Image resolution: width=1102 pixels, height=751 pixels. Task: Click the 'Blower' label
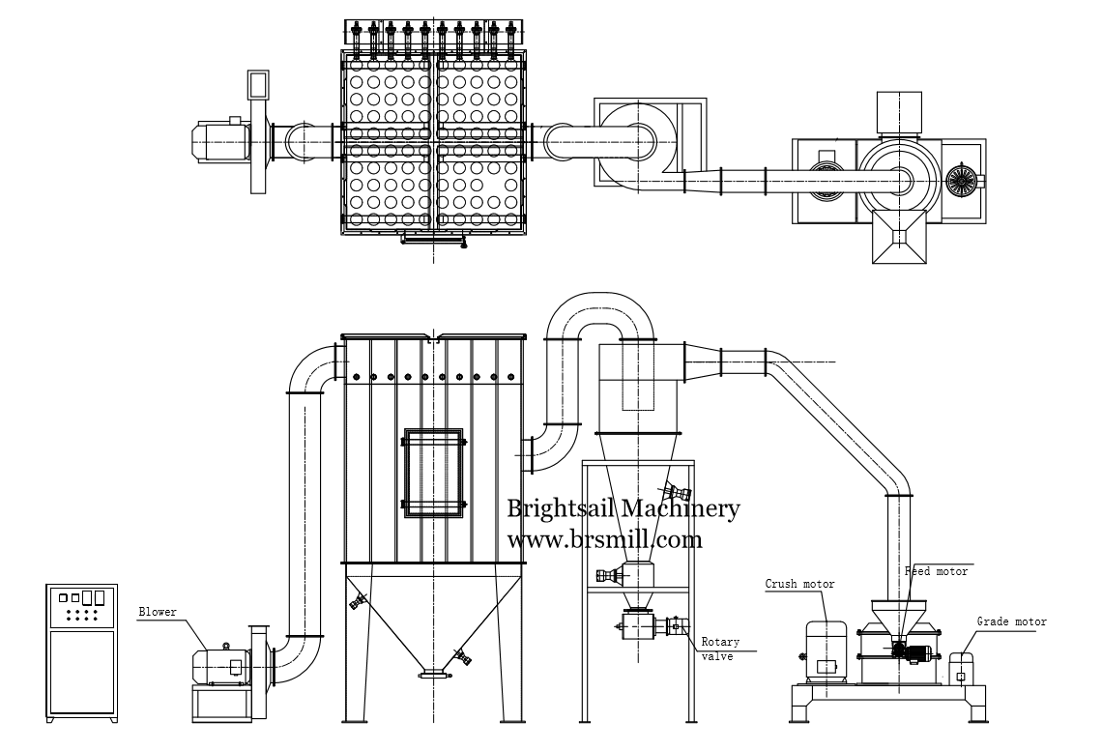point(158,612)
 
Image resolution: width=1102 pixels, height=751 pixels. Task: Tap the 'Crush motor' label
point(799,584)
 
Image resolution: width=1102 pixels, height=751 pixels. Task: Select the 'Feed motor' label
point(936,572)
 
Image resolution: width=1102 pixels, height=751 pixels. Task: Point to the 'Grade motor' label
point(1011,621)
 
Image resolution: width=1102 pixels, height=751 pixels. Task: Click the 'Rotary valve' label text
point(720,650)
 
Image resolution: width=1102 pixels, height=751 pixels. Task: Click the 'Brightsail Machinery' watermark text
point(623,508)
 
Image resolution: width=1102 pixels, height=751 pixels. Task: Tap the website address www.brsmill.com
point(604,539)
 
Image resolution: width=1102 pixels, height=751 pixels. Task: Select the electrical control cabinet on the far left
point(81,652)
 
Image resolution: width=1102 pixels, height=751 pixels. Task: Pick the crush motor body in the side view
point(826,650)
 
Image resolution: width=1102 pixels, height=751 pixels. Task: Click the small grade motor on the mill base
point(962,668)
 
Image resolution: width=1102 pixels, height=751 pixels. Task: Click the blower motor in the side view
point(220,665)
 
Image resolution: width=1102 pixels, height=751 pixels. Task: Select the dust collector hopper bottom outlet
point(435,676)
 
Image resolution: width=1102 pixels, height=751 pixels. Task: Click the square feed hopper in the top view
point(899,238)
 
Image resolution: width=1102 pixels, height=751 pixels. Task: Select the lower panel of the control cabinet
point(81,673)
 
